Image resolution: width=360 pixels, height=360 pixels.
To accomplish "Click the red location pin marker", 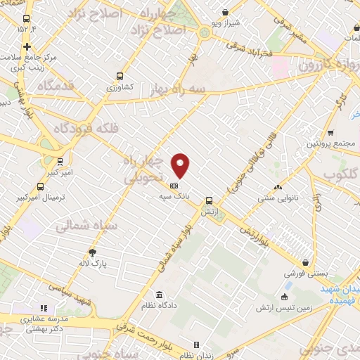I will pos(181,165).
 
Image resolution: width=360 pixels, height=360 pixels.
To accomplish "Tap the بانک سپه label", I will pos(173,198).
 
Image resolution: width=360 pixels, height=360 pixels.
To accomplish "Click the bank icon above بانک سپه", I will pos(174,186).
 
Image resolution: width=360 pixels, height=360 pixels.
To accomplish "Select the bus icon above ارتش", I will pos(209,200).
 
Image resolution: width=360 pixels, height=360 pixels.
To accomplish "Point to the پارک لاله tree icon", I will pos(92,252).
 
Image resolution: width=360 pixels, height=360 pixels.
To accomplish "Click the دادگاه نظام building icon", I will pos(160,294).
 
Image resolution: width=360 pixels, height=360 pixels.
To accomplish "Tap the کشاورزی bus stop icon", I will pos(120,76).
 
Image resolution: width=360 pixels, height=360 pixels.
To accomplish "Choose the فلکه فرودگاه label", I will pos(66,129).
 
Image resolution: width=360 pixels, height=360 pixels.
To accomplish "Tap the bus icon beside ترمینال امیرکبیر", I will pos(40,187).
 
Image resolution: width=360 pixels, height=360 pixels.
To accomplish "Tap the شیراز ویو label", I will pos(224,22).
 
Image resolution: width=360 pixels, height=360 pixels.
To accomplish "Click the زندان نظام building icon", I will pos(196,345).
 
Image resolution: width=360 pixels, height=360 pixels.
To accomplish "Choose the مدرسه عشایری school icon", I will pos(44,307).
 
